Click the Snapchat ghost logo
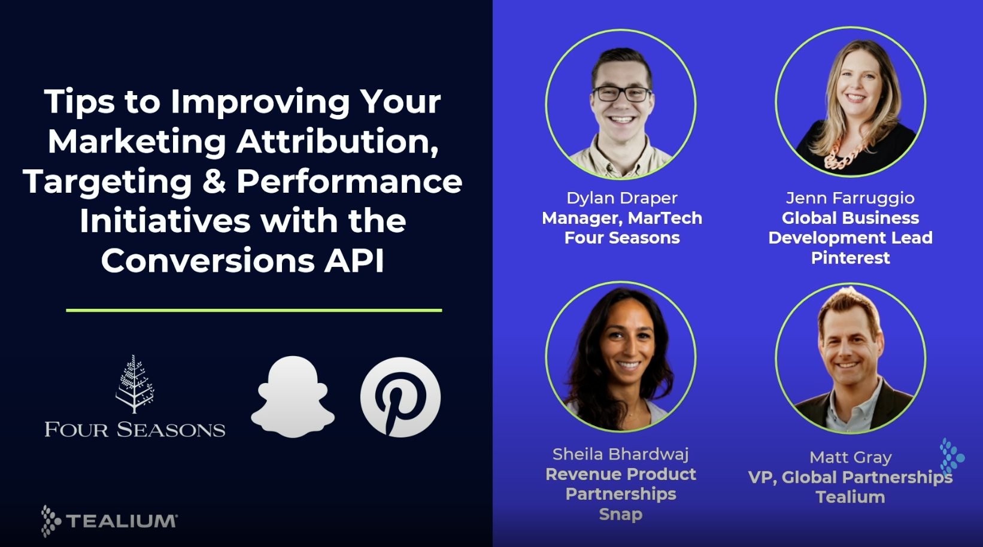coord(293,397)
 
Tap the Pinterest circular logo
coord(400,397)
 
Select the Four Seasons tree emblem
coord(135,384)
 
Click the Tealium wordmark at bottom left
coord(122,521)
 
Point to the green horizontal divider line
coord(254,310)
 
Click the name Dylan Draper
coord(621,198)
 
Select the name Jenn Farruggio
coord(850,198)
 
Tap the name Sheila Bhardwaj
coord(620,454)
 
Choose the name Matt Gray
coord(850,457)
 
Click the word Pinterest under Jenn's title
coord(850,258)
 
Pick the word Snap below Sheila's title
coord(620,514)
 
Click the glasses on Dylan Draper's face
coord(621,94)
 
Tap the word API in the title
coord(354,261)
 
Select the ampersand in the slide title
coord(214,181)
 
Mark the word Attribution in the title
coord(337,142)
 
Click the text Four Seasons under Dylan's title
coord(621,238)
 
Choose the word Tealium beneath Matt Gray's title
coord(850,497)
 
